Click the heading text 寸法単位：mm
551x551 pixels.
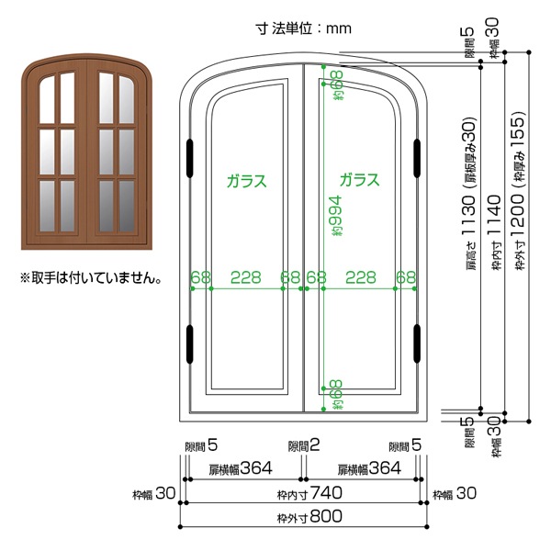pyautogui.click(x=303, y=28)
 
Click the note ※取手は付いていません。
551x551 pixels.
pyautogui.click(x=91, y=278)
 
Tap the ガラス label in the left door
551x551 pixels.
pyautogui.click(x=247, y=181)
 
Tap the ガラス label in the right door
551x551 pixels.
pyautogui.click(x=359, y=180)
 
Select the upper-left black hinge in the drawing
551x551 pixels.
pyautogui.click(x=190, y=158)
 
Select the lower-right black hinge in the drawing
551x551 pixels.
pyautogui.click(x=417, y=343)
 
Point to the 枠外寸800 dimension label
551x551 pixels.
pyautogui.click(x=309, y=517)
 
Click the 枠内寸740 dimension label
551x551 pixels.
pyautogui.click(x=309, y=493)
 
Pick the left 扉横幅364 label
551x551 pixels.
pyautogui.click(x=241, y=468)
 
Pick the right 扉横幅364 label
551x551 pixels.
pyautogui.click(x=369, y=468)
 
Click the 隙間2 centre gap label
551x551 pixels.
pyautogui.click(x=304, y=445)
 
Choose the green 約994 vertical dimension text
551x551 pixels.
pyautogui.click(x=334, y=216)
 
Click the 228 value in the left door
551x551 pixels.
pyautogui.click(x=245, y=277)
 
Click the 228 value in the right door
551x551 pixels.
pyautogui.click(x=361, y=277)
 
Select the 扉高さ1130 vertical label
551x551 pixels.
pyautogui.click(x=470, y=193)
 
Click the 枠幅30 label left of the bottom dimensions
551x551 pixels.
pyautogui.click(x=154, y=493)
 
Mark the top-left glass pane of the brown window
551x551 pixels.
pyautogui.click(x=47, y=100)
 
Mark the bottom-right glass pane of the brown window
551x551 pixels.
pyautogui.click(x=127, y=206)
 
